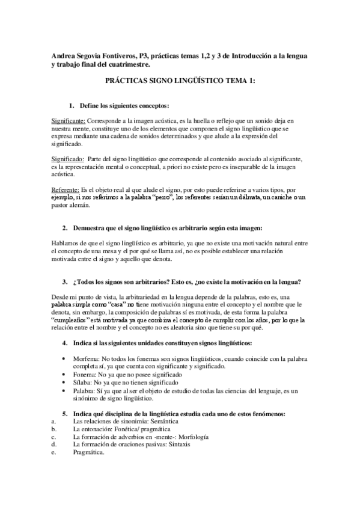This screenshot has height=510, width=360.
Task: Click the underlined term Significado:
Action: [x=68, y=158]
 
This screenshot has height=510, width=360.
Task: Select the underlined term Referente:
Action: [x=66, y=190]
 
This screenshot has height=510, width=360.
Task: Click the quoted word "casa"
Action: [x=108, y=306]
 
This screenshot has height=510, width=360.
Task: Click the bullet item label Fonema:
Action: [x=85, y=374]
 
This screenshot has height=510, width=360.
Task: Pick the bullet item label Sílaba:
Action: [x=84, y=382]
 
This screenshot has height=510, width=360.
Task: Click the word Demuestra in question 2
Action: [x=92, y=228]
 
